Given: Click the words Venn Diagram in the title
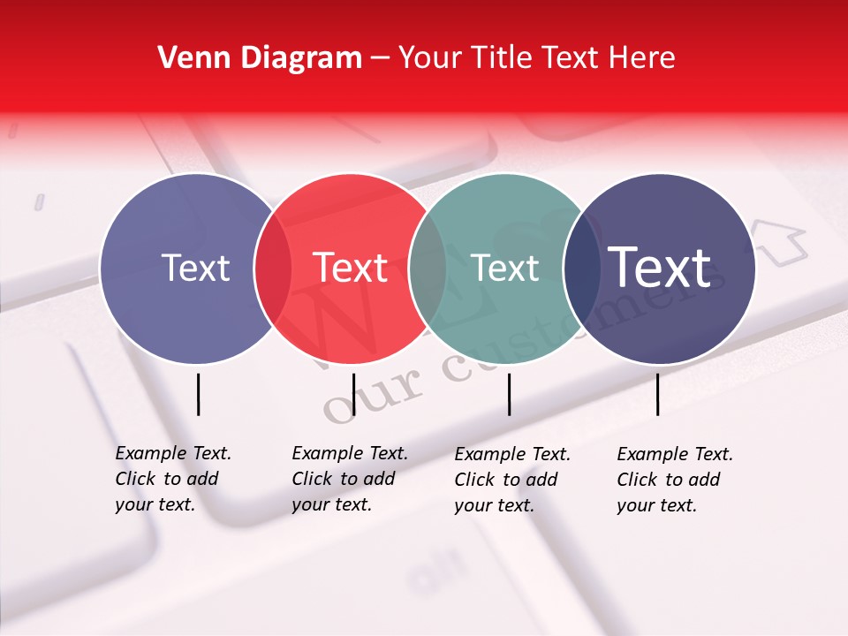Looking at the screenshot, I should (x=260, y=58).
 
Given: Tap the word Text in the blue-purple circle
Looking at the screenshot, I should (x=195, y=269).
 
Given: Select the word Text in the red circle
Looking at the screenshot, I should (x=351, y=269).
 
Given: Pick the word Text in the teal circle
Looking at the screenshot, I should (x=505, y=269).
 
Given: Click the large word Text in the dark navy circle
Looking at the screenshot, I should (x=660, y=269).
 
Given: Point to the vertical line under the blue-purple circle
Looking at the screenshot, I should (x=198, y=394).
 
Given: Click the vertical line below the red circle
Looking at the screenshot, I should (x=353, y=394).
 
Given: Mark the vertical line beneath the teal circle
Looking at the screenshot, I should (x=510, y=394).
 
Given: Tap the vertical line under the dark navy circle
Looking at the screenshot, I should (x=658, y=394).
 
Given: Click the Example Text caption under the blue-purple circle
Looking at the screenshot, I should (x=172, y=479).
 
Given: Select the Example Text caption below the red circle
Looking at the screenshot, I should (x=349, y=479).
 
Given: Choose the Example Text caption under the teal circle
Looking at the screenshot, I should (x=511, y=480).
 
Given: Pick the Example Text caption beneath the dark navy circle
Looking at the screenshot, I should (x=674, y=480).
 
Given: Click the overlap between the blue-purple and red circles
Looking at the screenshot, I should (x=273, y=269).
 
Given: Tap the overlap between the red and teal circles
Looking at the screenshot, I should (x=428, y=269).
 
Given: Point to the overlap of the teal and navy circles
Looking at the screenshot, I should (x=581, y=269).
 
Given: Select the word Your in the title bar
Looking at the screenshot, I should (x=430, y=58).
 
